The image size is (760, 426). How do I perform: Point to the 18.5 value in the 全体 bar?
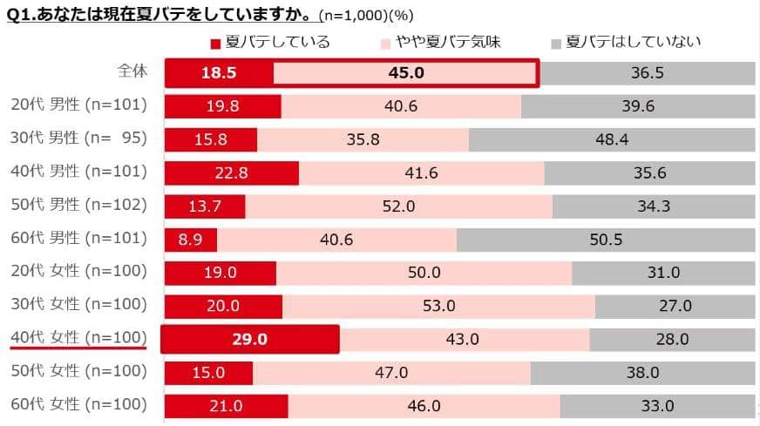(220, 73)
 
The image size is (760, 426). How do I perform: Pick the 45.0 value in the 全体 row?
(406, 73)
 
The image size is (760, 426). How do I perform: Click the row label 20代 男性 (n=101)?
(78, 105)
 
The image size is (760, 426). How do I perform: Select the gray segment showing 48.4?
(612, 139)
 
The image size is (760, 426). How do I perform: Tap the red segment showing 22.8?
(232, 172)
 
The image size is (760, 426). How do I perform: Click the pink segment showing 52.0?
(398, 206)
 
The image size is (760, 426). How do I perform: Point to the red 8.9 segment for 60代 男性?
(191, 240)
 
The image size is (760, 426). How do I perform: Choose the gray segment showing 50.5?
(606, 240)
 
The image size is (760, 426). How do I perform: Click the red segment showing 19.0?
(221, 273)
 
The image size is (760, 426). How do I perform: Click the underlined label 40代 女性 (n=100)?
(78, 338)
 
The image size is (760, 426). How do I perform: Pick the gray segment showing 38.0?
(642, 373)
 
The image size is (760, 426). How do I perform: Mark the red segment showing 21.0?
(227, 406)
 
